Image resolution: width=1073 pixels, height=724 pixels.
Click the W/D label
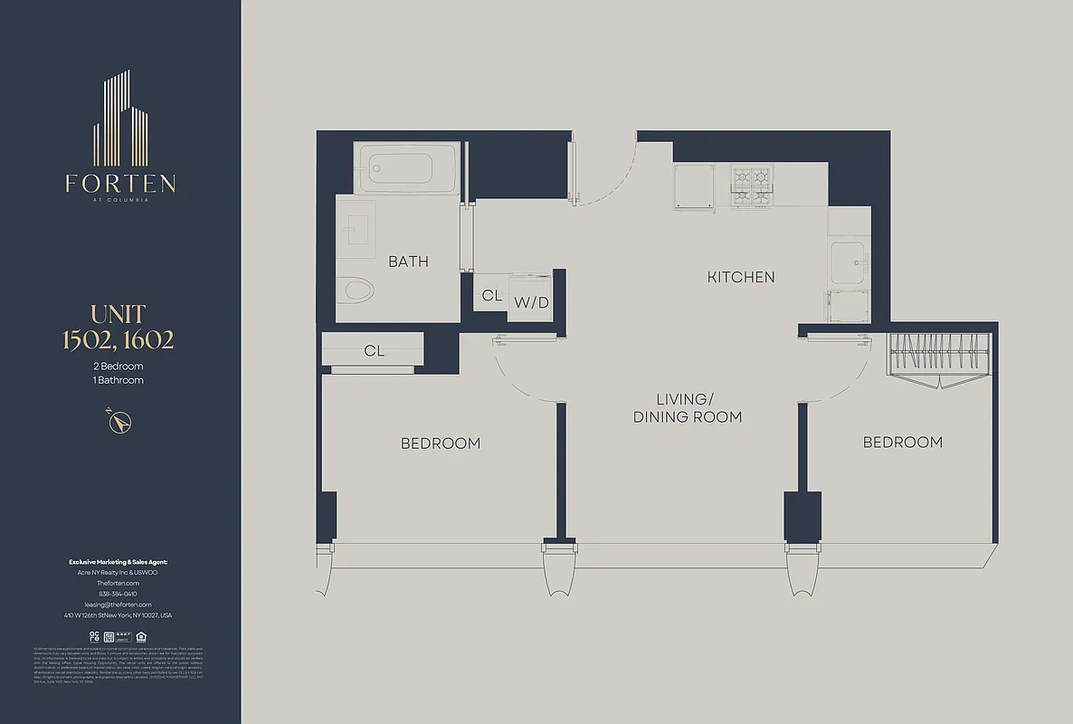[532, 302]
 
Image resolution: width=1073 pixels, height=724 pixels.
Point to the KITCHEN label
[741, 277]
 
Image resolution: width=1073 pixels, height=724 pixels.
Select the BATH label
[408, 262]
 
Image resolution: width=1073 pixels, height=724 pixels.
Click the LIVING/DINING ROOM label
[688, 408]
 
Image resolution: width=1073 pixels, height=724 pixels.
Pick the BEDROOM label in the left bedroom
[441, 443]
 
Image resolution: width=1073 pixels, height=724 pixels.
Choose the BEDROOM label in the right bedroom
[902, 442]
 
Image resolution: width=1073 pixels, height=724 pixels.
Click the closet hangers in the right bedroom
[938, 356]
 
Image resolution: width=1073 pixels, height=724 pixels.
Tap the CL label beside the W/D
[491, 296]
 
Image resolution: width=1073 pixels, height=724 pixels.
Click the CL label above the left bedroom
[374, 351]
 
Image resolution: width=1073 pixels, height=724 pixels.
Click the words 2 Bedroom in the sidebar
[119, 367]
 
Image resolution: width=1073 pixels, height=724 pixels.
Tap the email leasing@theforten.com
[119, 605]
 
